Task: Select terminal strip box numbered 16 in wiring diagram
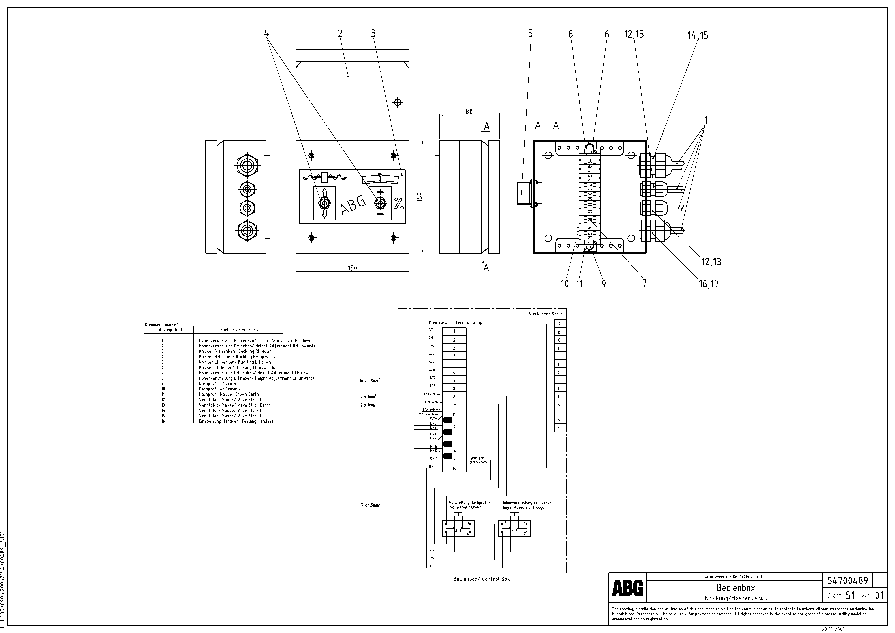pos(454,468)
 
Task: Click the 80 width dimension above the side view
pos(469,112)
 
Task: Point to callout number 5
pos(530,34)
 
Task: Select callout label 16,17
pos(709,284)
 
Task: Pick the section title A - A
pos(547,125)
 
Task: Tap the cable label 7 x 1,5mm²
pos(370,505)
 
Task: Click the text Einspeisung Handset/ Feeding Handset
pos(236,421)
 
